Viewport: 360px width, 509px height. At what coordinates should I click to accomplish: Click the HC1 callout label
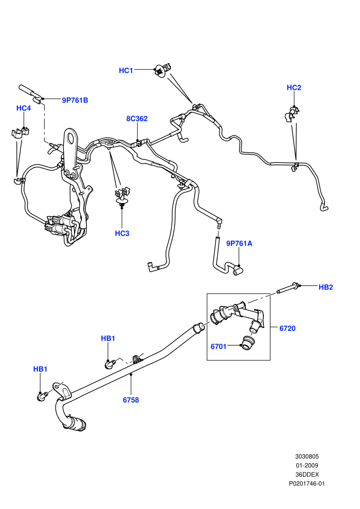[126, 70]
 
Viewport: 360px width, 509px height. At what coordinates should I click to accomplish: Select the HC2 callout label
[294, 87]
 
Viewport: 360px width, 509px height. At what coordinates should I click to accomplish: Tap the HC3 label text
[122, 233]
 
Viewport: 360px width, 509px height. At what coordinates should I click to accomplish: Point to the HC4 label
[24, 108]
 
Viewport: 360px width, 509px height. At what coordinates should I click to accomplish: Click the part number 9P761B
[75, 100]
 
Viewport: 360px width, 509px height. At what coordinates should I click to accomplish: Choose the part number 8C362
[137, 119]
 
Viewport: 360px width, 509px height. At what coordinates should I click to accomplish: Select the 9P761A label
[239, 244]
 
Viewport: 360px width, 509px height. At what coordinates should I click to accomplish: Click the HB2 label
[326, 287]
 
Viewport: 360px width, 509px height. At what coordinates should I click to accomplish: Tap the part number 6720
[287, 329]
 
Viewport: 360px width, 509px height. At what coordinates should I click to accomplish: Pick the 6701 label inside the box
[219, 347]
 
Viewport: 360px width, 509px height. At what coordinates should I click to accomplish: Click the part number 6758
[131, 400]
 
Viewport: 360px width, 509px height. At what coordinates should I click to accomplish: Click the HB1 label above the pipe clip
[108, 339]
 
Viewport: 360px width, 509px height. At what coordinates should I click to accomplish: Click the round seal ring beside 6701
[247, 343]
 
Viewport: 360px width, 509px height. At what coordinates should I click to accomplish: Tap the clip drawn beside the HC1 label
[162, 69]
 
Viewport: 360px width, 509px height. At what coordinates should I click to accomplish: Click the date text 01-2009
[307, 465]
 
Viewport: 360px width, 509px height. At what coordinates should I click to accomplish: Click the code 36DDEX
[307, 475]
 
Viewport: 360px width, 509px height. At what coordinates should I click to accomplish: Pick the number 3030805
[307, 457]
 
